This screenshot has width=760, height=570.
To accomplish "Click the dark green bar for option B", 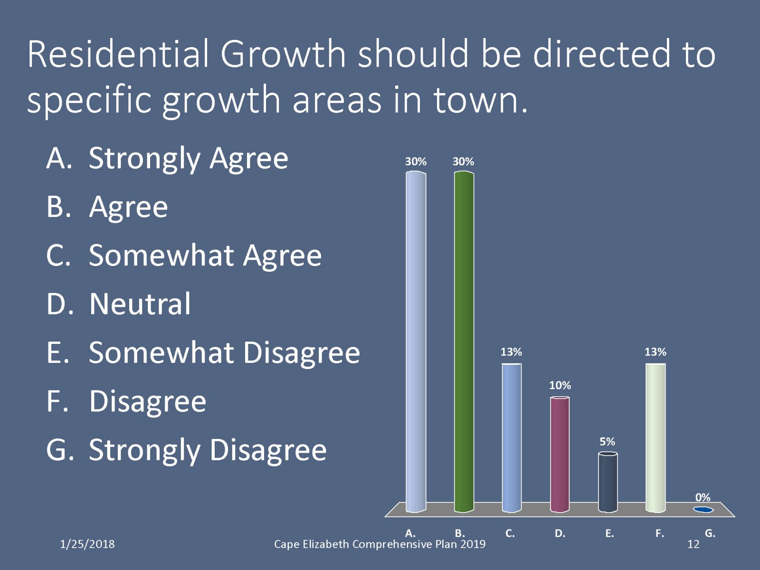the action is pos(464,342).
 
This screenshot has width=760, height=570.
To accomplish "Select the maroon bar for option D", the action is pos(560,455).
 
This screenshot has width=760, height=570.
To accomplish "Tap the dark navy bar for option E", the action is pos(608,482).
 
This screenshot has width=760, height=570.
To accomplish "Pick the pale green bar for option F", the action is pos(655,438).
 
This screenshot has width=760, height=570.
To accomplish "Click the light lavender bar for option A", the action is pos(416,342).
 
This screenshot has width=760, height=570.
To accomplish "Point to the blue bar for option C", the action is pos(512,438).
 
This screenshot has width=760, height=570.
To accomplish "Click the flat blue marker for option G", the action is pos(703,509).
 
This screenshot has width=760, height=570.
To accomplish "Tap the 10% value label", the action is pos(560,385).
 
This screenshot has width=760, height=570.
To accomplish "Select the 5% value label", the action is pos(608,441).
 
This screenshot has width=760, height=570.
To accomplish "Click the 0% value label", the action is pos(703,497).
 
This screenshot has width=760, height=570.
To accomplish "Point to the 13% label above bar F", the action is pos(655,352).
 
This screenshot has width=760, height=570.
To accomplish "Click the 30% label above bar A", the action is pos(416,161).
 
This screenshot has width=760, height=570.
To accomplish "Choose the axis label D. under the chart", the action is pos(560,533).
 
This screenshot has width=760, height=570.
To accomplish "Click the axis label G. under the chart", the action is pos(710,533).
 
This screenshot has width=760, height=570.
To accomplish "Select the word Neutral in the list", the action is pos(140,304).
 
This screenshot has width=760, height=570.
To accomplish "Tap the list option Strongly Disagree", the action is pos(208,450).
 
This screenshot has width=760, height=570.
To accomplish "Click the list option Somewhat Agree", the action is pos(205,256).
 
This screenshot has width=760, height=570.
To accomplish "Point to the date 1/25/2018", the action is pos(87,544).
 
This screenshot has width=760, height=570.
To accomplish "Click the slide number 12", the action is pos(693,544).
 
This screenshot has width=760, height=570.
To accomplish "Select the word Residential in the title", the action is pos(118,54).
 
